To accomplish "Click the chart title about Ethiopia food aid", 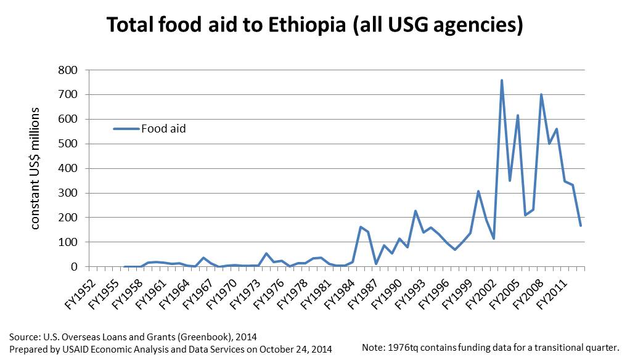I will (314, 25).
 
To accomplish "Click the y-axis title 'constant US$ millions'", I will (35, 168).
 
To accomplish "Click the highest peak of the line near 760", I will (502, 80).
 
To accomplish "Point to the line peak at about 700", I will (541, 95).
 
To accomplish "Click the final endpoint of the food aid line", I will (581, 226).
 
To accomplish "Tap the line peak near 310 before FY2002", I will (478, 191).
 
